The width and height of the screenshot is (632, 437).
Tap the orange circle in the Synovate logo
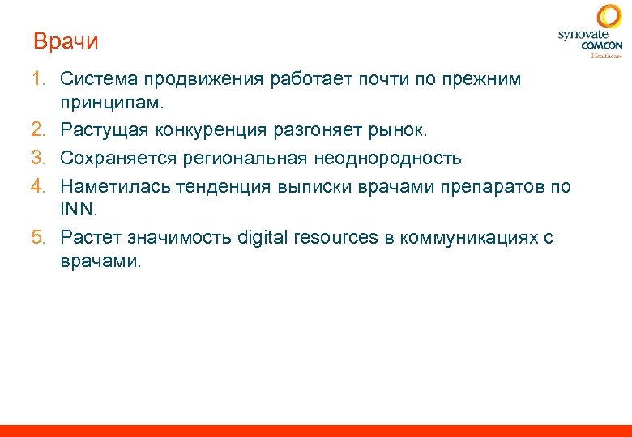click(x=609, y=17)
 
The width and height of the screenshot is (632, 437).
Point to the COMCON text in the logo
click(x=601, y=46)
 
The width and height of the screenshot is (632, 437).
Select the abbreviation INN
click(x=77, y=210)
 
